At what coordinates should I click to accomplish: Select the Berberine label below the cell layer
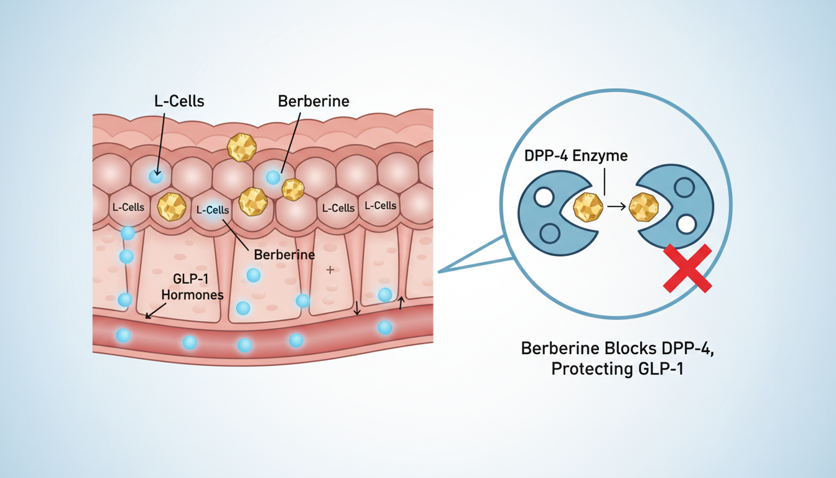coord(284,255)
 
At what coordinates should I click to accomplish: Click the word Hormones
coord(192,295)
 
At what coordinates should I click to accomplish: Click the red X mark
coord(687,268)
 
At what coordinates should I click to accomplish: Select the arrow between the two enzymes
coord(616,207)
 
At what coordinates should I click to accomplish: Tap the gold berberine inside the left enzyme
coord(588,207)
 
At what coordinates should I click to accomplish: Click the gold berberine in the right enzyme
coord(644,207)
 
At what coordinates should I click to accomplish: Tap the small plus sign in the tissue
coord(330,269)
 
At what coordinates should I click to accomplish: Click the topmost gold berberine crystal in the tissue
coord(242,148)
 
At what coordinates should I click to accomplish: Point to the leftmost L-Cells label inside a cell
coord(128,207)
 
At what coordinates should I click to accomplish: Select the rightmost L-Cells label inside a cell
coord(380,205)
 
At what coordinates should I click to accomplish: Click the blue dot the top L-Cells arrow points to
coord(156,177)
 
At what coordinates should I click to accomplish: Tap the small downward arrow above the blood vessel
coord(357,307)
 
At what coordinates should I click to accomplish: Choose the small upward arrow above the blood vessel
coord(401,304)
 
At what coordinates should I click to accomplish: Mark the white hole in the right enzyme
coord(686,224)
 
